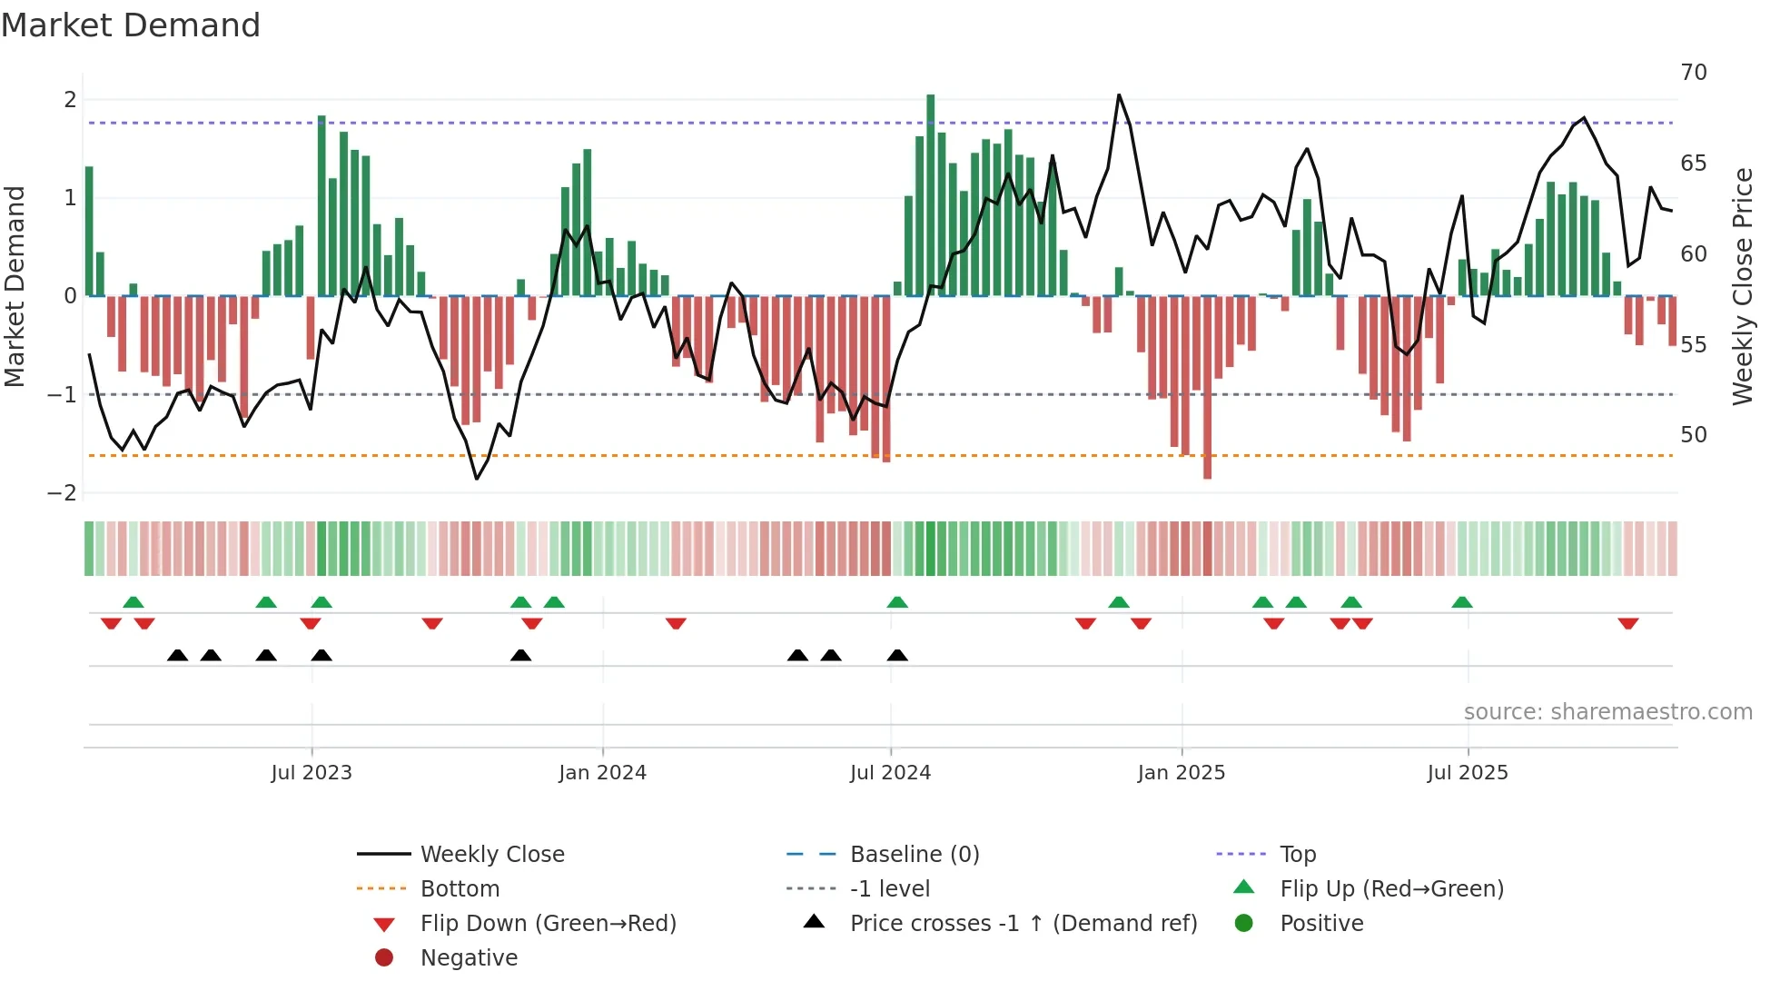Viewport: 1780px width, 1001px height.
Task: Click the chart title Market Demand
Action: click(x=131, y=25)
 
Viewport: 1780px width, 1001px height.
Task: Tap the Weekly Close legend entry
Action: click(x=491, y=855)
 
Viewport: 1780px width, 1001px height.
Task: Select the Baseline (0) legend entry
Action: click(x=914, y=855)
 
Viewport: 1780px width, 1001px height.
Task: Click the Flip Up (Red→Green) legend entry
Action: click(x=1391, y=889)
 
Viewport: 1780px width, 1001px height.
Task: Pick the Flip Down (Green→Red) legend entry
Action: click(x=548, y=924)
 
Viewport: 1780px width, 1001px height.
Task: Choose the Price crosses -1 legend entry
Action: click(x=1023, y=924)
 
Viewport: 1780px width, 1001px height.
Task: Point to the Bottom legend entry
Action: click(x=460, y=889)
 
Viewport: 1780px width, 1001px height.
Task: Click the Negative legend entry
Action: click(x=469, y=958)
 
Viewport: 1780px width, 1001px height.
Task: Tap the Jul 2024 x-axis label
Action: click(x=890, y=773)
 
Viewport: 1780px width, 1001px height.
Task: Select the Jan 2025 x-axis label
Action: click(x=1181, y=773)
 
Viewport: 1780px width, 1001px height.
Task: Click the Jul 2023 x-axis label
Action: click(x=311, y=773)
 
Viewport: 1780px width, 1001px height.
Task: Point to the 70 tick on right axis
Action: click(x=1693, y=73)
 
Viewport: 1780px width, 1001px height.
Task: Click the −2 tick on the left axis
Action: click(x=63, y=493)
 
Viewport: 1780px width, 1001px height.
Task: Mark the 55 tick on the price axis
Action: click(x=1693, y=345)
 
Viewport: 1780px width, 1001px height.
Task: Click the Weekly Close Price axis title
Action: click(x=1742, y=286)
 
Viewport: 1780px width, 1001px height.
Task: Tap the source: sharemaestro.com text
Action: click(x=1607, y=712)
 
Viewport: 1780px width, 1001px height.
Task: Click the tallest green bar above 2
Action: click(x=930, y=195)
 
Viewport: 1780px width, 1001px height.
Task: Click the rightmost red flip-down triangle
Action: click(x=1627, y=623)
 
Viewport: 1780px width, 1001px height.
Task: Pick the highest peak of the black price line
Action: click(x=1119, y=95)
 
